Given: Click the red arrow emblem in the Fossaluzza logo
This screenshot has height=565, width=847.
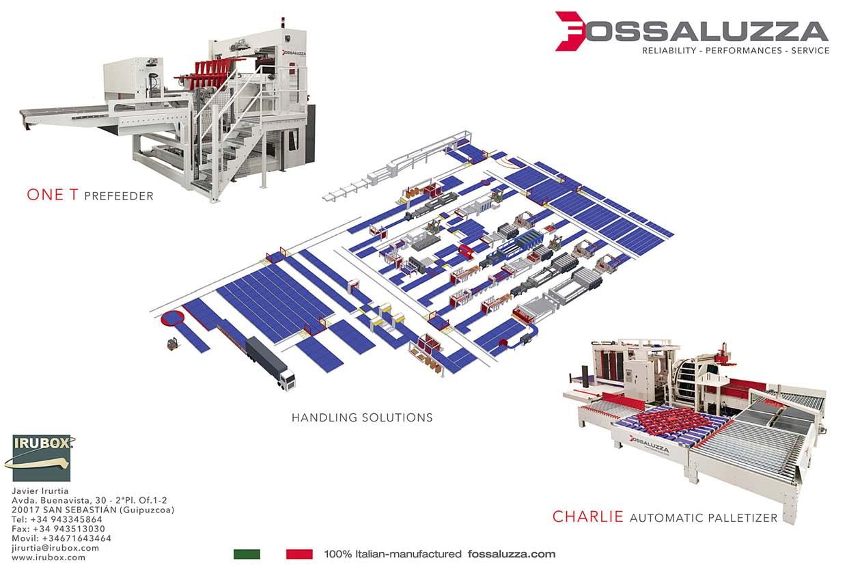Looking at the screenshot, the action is click(x=572, y=31).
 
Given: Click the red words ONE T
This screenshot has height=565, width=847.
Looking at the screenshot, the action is click(x=53, y=195).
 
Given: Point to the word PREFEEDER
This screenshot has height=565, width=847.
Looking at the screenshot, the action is click(x=119, y=197).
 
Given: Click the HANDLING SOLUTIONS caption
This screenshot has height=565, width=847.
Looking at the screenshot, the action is click(x=362, y=417).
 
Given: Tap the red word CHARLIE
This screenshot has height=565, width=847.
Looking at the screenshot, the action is click(x=587, y=516).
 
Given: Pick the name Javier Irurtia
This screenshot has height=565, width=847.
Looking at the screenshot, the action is click(x=41, y=491).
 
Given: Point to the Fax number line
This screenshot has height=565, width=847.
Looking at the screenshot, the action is click(x=58, y=529).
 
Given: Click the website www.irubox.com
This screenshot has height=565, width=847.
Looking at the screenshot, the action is click(x=48, y=557).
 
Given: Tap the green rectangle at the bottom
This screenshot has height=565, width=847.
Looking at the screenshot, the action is click(x=247, y=554).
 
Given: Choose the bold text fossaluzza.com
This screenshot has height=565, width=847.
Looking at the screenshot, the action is click(x=512, y=554).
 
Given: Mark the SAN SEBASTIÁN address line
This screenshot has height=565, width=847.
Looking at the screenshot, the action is click(x=92, y=510).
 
